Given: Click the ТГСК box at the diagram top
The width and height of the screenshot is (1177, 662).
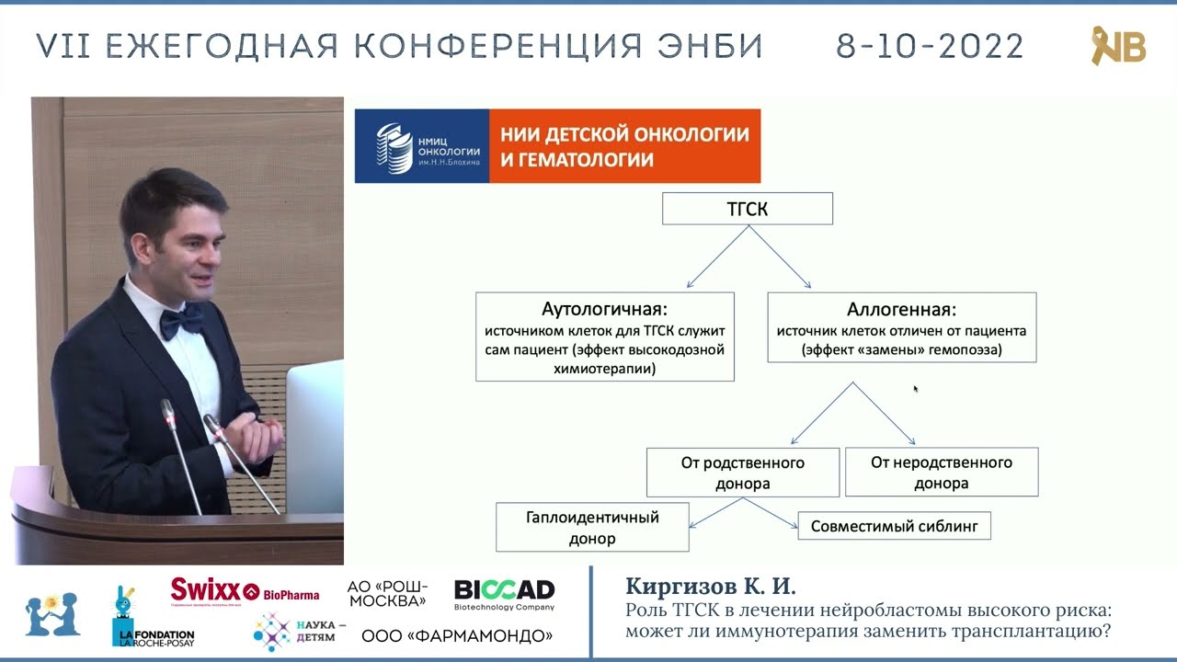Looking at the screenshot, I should [748, 209].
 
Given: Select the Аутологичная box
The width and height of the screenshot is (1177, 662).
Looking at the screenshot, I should [604, 337].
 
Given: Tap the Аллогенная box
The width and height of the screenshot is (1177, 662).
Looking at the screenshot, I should [901, 327].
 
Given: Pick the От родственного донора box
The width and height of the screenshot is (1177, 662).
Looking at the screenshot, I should [742, 473].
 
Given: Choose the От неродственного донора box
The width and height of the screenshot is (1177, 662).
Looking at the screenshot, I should [941, 473].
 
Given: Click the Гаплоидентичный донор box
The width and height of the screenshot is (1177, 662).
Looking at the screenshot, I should [592, 527].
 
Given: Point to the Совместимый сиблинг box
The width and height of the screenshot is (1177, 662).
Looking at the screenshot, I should [894, 526].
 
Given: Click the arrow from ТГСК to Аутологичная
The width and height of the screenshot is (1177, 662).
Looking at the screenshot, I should [717, 258].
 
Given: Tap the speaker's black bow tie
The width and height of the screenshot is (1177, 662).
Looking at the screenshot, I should [181, 320].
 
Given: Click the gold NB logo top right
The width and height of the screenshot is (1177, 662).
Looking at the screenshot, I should [1117, 45].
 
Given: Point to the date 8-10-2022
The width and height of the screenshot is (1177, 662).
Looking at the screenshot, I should [930, 46].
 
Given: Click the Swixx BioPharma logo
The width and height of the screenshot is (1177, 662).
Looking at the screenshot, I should [245, 591].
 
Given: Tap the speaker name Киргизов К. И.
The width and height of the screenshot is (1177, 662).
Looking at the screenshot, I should [710, 587].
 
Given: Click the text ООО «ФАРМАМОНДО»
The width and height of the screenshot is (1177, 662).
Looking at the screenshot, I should [457, 635].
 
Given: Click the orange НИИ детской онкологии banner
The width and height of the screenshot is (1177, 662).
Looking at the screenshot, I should [624, 147].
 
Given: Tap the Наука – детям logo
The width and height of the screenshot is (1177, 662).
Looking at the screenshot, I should [299, 630].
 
